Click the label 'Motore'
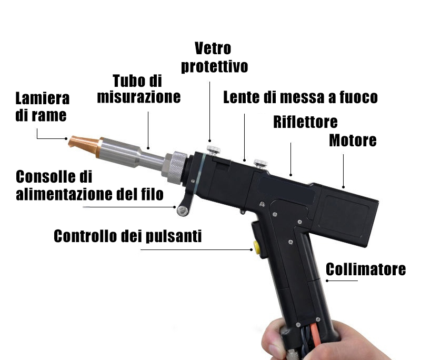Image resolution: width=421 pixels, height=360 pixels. (x=353, y=141)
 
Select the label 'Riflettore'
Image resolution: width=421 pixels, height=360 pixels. (x=305, y=122)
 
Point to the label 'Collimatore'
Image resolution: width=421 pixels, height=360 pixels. (x=366, y=269)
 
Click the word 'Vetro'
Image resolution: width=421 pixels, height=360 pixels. (x=213, y=48)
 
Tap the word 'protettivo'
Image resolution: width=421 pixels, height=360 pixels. (x=214, y=66)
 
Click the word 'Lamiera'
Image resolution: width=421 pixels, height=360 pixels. (x=43, y=98)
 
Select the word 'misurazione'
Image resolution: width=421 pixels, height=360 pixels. (x=139, y=97)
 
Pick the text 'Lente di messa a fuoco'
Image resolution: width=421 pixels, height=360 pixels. (x=300, y=97)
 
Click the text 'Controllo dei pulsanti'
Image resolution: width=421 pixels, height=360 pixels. (x=127, y=236)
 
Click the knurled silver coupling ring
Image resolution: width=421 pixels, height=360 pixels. (x=176, y=167)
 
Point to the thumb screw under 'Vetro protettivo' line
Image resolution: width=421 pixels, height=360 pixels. (x=214, y=150)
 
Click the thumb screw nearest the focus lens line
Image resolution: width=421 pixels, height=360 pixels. (x=260, y=164)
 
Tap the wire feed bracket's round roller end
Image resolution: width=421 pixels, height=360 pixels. (x=183, y=211)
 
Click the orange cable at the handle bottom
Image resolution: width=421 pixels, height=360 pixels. (x=315, y=337)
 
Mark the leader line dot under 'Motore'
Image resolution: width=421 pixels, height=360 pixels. (x=344, y=187)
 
